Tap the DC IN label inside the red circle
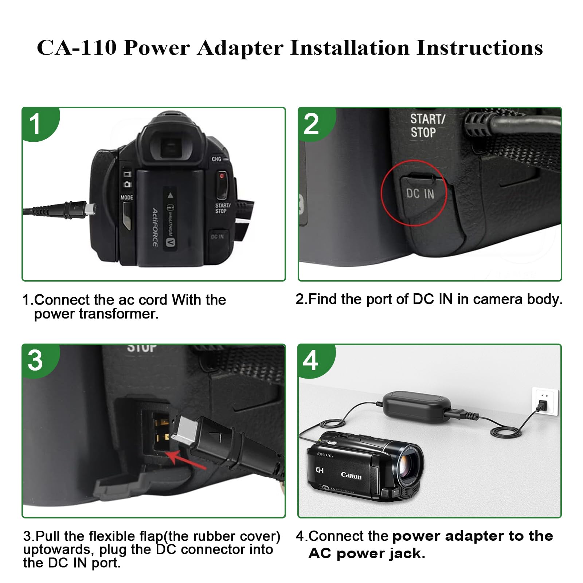pyautogui.click(x=420, y=193)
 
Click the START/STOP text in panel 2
pyautogui.click(x=427, y=126)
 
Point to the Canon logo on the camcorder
pyautogui.click(x=351, y=476)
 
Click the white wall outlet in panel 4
pyautogui.click(x=545, y=401)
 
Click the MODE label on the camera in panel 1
pyautogui.click(x=126, y=197)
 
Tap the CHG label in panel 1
pyautogui.click(x=216, y=159)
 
